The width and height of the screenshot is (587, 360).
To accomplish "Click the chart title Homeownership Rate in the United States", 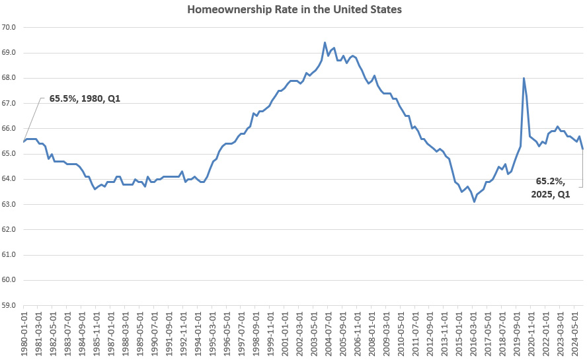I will point(293,10).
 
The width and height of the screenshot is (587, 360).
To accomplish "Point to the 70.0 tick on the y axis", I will point(11,28).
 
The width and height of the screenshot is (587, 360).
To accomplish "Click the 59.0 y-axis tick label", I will point(11,305).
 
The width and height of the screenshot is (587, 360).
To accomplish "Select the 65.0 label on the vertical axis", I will point(11,154).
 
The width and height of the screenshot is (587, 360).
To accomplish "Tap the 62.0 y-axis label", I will point(11,229).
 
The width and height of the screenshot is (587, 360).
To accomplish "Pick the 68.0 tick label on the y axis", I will point(11,78).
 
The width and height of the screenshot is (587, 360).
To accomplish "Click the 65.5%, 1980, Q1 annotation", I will point(85,98).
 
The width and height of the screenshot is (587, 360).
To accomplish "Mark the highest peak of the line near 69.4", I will point(325,43).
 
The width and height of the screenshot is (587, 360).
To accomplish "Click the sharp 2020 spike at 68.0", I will point(524,78).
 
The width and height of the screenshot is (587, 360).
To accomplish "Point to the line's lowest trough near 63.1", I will point(474,201).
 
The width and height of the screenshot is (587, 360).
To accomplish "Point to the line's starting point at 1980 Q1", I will point(24,141).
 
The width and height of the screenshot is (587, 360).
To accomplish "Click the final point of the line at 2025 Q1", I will point(582,149).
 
